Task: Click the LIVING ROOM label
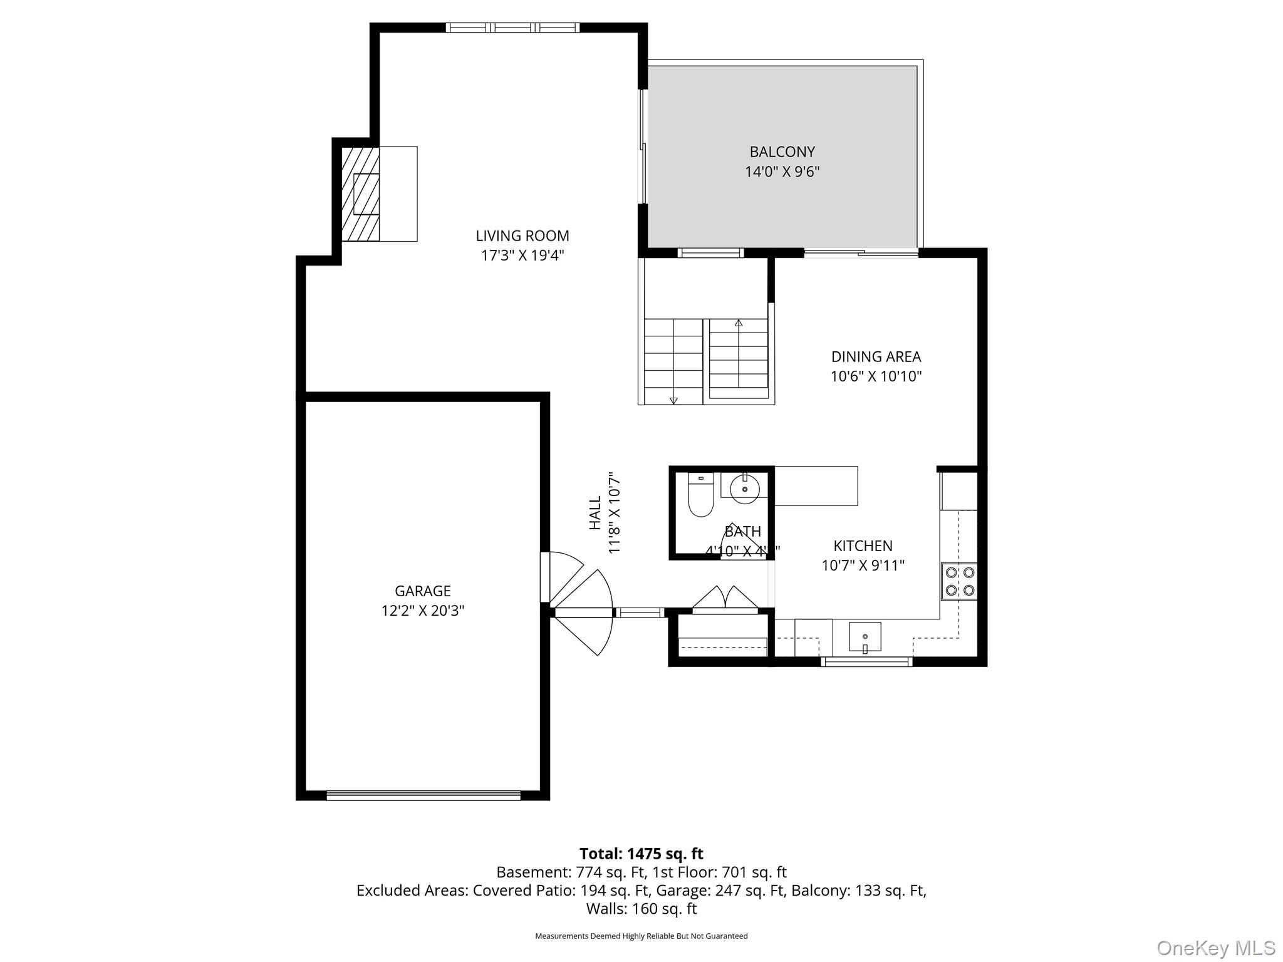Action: (522, 236)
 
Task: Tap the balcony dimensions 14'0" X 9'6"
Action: (782, 172)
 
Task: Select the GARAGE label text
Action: (422, 591)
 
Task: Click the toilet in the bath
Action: (700, 497)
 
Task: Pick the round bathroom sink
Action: (745, 489)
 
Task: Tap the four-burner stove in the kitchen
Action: (959, 581)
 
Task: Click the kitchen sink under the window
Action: (865, 637)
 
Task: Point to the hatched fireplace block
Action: (360, 194)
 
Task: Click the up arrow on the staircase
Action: (739, 323)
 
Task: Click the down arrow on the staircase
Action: (673, 400)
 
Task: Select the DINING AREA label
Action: (875, 357)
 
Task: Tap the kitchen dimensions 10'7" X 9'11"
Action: (863, 566)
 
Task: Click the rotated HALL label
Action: (595, 513)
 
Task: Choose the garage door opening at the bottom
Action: (423, 795)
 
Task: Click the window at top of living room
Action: (512, 28)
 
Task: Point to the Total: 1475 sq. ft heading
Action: (641, 854)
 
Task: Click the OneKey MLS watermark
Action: (1215, 948)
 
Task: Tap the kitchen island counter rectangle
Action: (816, 486)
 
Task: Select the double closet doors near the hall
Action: (725, 598)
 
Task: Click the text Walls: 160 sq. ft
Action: (641, 908)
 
